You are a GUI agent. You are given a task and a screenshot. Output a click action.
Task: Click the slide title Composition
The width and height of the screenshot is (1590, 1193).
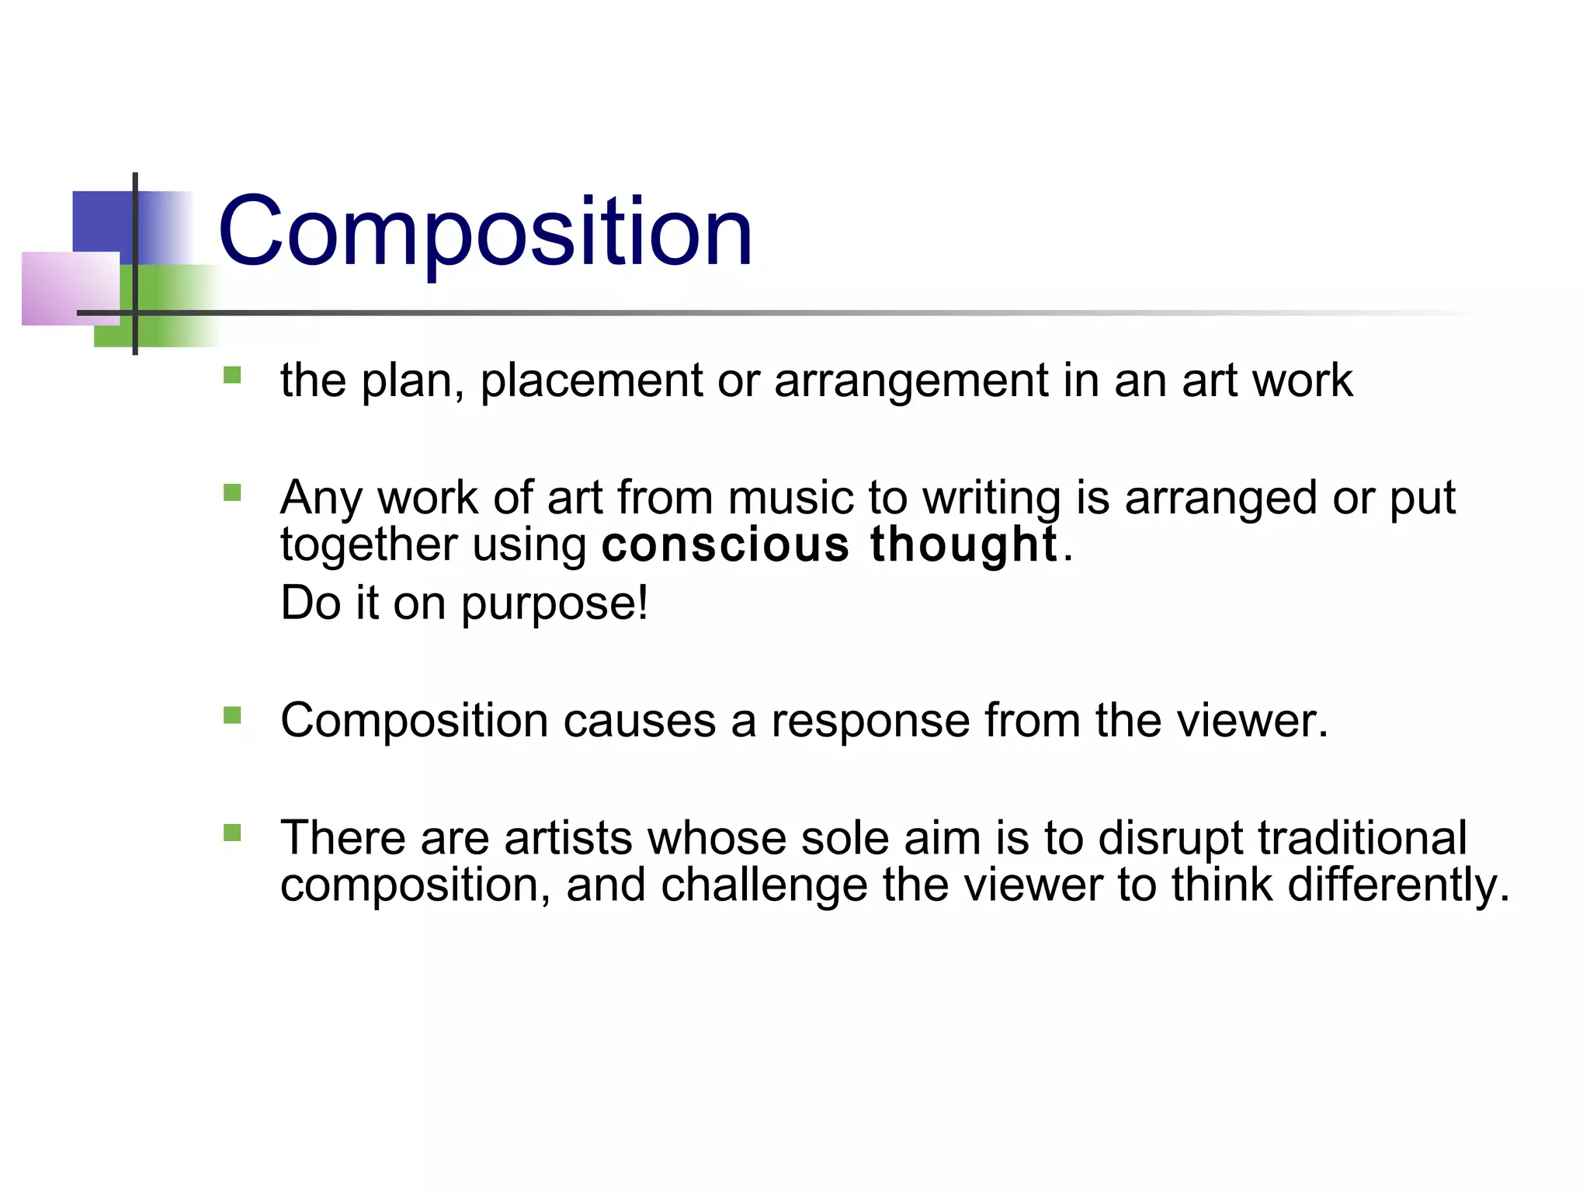tap(485, 231)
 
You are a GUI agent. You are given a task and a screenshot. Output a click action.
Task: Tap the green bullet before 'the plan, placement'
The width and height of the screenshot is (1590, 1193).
tap(232, 376)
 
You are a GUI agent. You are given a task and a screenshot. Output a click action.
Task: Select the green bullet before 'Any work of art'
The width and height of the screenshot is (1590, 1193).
tap(232, 493)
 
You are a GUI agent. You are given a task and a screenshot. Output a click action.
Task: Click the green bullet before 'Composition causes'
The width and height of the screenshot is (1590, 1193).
tap(232, 715)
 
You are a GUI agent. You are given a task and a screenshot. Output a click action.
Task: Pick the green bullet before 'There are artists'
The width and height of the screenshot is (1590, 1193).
tap(232, 833)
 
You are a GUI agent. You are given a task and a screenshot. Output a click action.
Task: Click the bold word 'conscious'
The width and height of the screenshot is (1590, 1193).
tap(726, 544)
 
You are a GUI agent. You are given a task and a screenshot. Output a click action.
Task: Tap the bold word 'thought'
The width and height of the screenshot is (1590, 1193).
tap(963, 544)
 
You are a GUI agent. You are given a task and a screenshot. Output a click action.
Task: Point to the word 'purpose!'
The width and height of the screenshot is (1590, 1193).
tap(554, 604)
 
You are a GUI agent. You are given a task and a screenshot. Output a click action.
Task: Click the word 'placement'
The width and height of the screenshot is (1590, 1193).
tap(592, 381)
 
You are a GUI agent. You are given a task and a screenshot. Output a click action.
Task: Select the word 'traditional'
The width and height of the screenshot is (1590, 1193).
tap(1362, 838)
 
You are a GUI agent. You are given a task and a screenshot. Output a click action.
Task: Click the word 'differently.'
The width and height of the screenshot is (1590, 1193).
tap(1398, 885)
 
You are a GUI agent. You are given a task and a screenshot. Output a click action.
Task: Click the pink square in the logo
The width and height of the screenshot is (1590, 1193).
tap(70, 287)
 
